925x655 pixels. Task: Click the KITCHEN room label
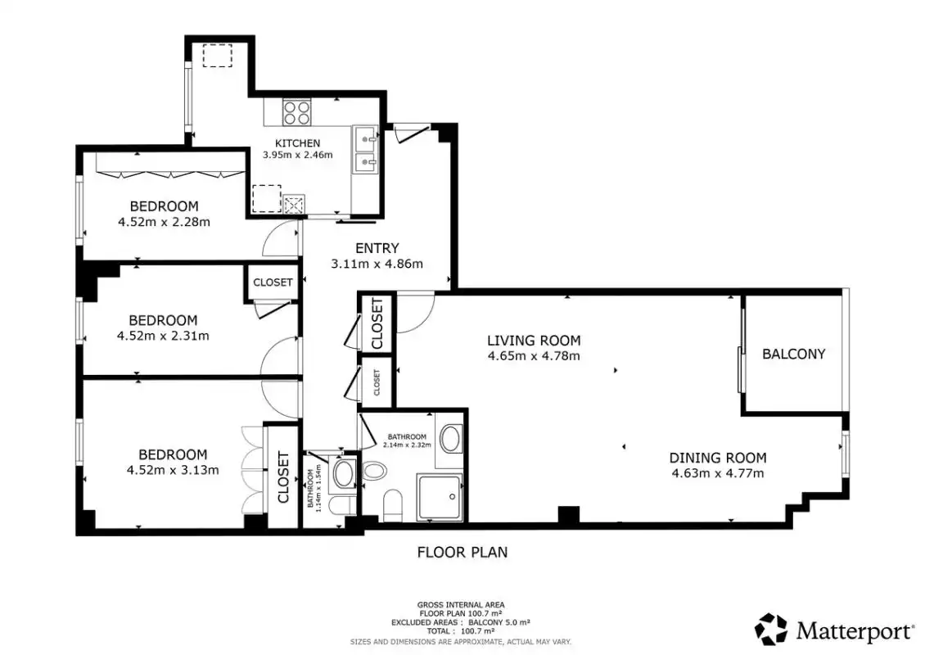coord(297,143)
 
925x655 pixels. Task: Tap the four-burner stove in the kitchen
coord(296,113)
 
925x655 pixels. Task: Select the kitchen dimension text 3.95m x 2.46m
coord(297,156)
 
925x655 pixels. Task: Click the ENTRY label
coord(377,248)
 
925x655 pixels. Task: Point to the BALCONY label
coord(793,354)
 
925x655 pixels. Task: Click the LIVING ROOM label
coord(534,341)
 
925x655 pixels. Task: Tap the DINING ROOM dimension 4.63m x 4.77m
coord(718,473)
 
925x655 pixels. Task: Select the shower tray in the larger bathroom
coord(440,497)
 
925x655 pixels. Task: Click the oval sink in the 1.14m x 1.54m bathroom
coord(343,473)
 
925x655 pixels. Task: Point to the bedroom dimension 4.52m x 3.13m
coord(173,470)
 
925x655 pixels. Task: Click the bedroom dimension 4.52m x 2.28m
coord(164,223)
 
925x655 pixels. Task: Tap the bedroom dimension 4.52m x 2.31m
coord(163,336)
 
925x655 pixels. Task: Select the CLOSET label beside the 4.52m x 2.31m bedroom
coord(273,282)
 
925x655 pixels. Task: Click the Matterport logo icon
coord(771,629)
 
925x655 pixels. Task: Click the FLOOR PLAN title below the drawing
coord(463,553)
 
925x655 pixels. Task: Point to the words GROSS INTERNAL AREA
coord(461,605)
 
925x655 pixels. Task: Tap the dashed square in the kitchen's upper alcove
coord(217,56)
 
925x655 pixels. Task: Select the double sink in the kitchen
coord(365,149)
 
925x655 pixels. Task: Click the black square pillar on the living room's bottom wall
coord(569,515)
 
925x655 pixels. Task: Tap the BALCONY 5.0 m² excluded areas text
coord(499,622)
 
